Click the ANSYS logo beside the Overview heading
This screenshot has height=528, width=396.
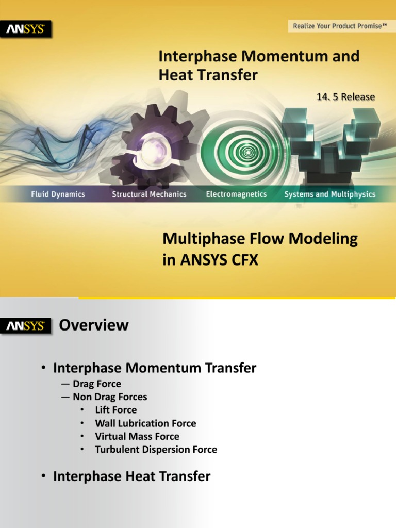coord(25,326)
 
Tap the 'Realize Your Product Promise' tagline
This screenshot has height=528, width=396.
coord(340,26)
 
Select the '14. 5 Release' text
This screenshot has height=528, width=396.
coord(345,97)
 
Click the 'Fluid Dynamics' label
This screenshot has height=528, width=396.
coord(58,194)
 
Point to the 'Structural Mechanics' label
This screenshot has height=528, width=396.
coord(149,194)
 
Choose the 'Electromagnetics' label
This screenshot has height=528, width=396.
coord(236,194)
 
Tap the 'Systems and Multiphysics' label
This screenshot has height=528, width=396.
coord(330,194)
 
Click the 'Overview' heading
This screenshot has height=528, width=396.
coord(94,325)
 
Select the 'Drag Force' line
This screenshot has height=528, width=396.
coord(97,384)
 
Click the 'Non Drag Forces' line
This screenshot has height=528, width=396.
coord(110,397)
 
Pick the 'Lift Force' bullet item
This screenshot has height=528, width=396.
coord(116,410)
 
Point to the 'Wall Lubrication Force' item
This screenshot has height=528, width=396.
coord(145,423)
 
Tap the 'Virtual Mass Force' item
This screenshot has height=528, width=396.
coord(137,436)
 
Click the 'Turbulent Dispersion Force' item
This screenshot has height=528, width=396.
coord(156,450)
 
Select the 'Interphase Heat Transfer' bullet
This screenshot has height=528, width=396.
coord(131,476)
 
